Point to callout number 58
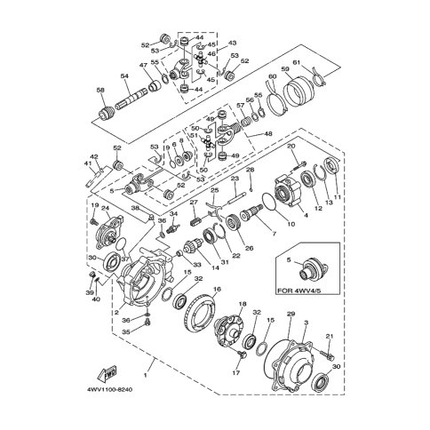pos(100,90)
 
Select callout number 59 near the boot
pos(284,68)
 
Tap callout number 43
pos(233,42)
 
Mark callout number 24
pos(106,209)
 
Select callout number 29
pos(291,315)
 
